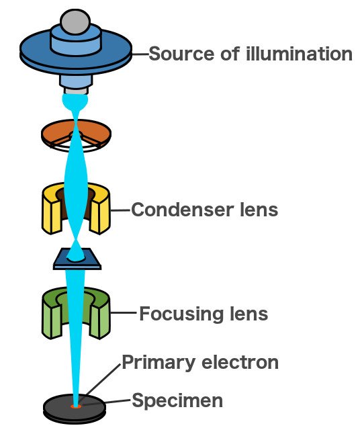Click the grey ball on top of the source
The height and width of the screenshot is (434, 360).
[75, 21]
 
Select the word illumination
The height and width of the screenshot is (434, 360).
[299, 54]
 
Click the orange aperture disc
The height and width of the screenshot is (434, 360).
[55, 132]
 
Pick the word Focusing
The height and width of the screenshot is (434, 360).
[181, 314]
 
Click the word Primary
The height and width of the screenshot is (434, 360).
[159, 363]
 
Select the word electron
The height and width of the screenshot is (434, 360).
[240, 362]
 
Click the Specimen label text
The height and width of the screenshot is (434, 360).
[177, 400]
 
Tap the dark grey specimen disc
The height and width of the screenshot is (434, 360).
[55, 408]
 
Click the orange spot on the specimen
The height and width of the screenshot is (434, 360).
[75, 406]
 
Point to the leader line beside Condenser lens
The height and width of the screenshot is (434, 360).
[120, 210]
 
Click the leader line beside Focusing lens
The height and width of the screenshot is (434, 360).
[124, 313]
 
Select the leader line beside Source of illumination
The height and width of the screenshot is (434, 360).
[140, 54]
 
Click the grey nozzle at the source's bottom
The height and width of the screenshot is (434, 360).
[76, 91]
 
